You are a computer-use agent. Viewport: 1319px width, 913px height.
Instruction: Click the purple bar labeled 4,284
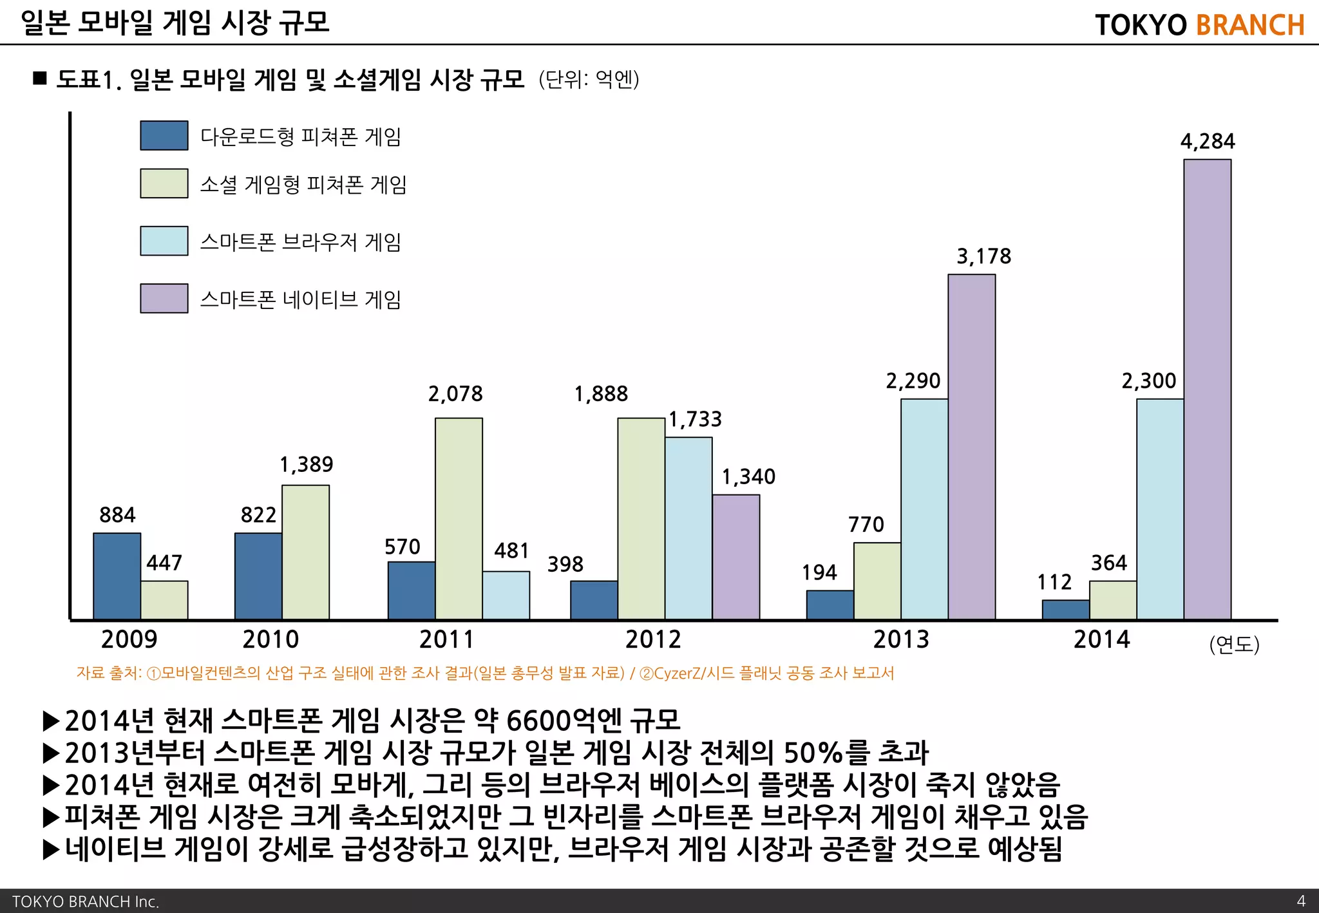[1207, 390]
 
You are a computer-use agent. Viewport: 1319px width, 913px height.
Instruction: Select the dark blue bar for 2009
[117, 576]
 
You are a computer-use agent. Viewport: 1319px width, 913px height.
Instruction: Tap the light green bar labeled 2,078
[459, 519]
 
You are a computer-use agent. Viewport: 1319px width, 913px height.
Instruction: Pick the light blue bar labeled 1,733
[688, 528]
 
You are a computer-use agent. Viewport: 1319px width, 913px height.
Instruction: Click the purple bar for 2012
[735, 557]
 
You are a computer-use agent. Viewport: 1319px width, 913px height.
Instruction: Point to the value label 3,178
[983, 257]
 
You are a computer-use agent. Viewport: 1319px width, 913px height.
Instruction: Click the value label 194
[819, 572]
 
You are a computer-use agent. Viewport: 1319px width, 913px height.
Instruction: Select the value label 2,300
[1148, 381]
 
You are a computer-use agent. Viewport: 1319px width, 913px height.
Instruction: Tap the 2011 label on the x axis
[446, 639]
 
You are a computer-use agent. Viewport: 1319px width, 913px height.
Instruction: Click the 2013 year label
[900, 639]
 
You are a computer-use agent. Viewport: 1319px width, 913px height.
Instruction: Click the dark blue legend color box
[164, 136]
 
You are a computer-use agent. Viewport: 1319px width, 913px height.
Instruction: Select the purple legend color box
[164, 299]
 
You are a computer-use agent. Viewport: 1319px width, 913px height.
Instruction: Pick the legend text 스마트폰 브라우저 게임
[300, 242]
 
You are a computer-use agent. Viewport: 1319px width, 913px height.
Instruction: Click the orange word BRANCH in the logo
[1250, 25]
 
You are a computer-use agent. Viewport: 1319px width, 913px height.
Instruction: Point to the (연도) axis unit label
[1234, 644]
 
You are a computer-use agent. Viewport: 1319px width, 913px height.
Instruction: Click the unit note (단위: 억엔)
[589, 80]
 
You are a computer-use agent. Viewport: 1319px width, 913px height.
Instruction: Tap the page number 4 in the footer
[1300, 901]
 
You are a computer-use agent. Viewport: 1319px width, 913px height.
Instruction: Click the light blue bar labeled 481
[506, 596]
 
